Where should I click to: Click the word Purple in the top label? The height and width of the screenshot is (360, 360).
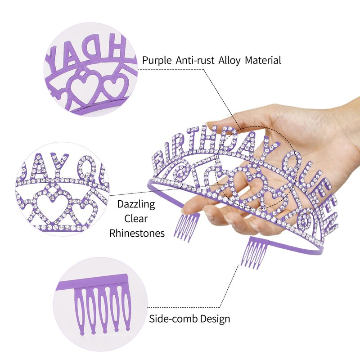point(156,60)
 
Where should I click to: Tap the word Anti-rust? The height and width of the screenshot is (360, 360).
point(193,60)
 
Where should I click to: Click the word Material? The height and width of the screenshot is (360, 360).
point(263,60)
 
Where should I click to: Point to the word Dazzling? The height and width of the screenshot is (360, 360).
point(136,204)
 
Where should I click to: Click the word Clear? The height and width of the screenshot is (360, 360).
point(136,219)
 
